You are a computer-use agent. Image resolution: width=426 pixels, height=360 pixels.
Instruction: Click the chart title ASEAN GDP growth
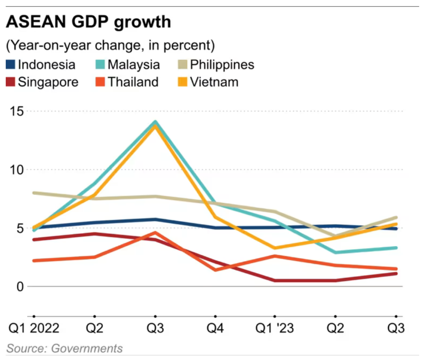tap(88, 22)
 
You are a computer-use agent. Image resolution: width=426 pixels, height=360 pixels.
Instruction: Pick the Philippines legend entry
tap(216, 65)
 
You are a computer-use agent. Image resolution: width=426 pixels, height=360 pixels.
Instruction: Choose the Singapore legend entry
tap(42, 82)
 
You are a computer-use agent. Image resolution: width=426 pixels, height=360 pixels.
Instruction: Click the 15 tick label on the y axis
tap(17, 111)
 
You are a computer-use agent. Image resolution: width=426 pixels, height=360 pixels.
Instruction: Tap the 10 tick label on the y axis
tap(17, 170)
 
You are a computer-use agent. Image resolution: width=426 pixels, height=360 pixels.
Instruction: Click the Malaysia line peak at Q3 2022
tap(155, 122)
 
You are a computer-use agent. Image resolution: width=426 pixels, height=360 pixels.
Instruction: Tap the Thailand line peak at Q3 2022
tap(155, 233)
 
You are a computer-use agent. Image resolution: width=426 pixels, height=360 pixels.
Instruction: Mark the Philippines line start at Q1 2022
tap(34, 193)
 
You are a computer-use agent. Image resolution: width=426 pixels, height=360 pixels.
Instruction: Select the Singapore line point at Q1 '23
tap(275, 280)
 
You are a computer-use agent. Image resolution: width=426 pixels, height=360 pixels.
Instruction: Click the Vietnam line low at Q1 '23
tap(275, 248)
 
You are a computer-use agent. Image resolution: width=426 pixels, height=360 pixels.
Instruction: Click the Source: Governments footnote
tap(64, 349)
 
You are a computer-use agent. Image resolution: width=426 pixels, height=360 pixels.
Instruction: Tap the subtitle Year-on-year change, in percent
tap(110, 45)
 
